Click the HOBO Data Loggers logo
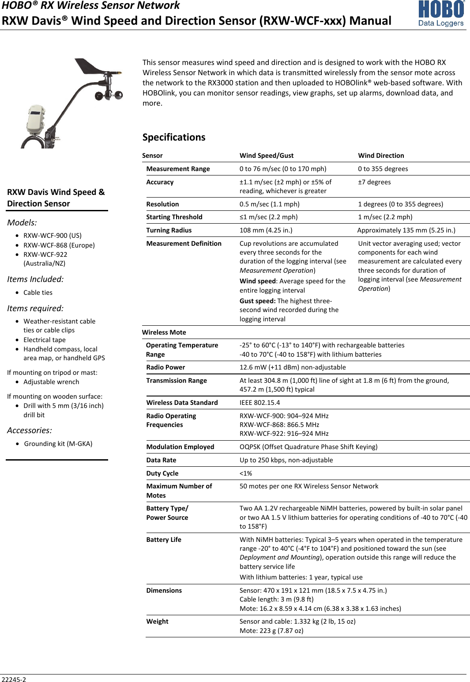coord(441,14)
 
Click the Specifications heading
coord(173,137)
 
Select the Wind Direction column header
coord(380,156)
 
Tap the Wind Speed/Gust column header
coord(266,156)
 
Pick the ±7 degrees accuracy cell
coord(374,182)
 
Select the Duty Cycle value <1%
coord(245,473)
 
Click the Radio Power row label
coord(165,367)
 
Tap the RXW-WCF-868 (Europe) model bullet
coord(59,245)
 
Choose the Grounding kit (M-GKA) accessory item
coord(58,444)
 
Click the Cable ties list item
coord(38,293)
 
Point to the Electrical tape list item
coord(44,340)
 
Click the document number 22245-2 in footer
coord(14,679)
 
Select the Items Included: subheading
coord(35,279)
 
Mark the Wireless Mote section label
coord(164,332)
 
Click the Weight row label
coord(157,621)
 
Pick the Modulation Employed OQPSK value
coord(308,447)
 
